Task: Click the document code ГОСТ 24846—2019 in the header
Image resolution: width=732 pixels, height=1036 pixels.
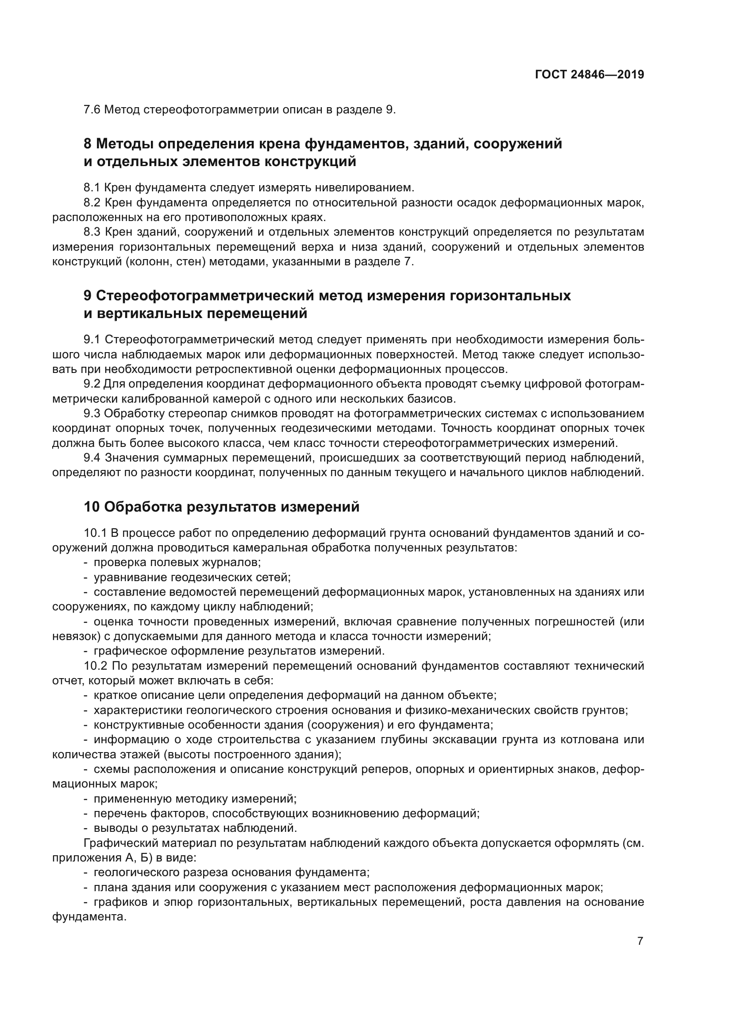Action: tap(589, 74)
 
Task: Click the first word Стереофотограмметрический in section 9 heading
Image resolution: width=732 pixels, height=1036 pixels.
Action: tap(202, 295)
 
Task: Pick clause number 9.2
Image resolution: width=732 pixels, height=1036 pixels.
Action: tap(92, 384)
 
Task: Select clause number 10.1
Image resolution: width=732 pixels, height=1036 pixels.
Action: tap(95, 533)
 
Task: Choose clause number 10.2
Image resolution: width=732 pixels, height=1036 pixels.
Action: tap(95, 666)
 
